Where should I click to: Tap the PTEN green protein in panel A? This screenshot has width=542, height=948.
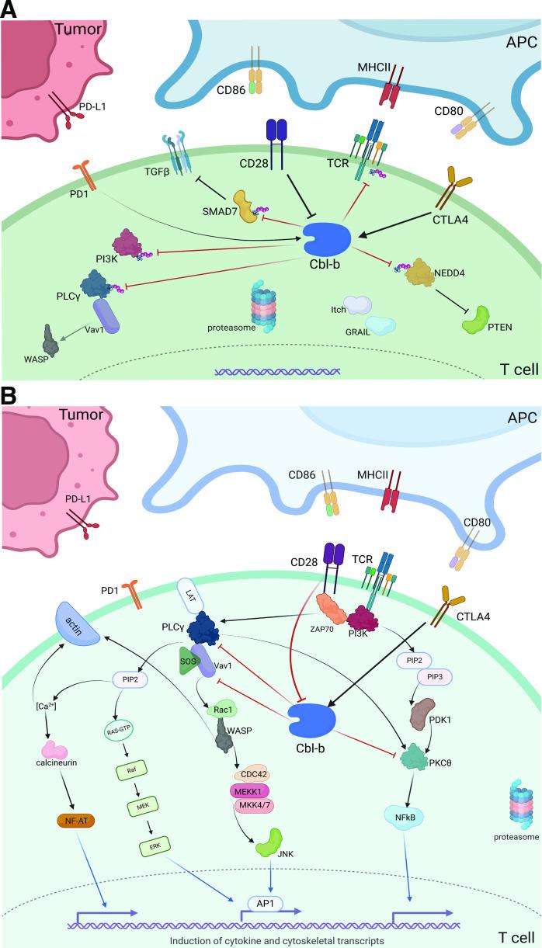(x=475, y=321)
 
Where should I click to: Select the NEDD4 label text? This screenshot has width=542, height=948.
(x=450, y=273)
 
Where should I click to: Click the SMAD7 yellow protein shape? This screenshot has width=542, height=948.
(x=246, y=207)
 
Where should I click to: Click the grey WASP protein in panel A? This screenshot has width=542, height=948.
(x=50, y=341)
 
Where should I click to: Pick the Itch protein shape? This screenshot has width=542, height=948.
(x=357, y=305)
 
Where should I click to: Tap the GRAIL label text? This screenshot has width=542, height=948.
(x=357, y=332)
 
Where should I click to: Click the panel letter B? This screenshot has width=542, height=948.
(x=9, y=397)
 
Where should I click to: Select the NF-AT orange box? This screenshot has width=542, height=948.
(x=76, y=821)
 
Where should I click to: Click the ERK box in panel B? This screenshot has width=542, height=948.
(x=155, y=846)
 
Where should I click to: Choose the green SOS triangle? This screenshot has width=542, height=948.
(x=188, y=661)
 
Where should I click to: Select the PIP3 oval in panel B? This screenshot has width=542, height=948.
(x=435, y=677)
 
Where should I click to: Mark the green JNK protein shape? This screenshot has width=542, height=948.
(x=269, y=843)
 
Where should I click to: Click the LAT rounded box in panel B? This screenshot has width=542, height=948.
(x=191, y=596)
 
